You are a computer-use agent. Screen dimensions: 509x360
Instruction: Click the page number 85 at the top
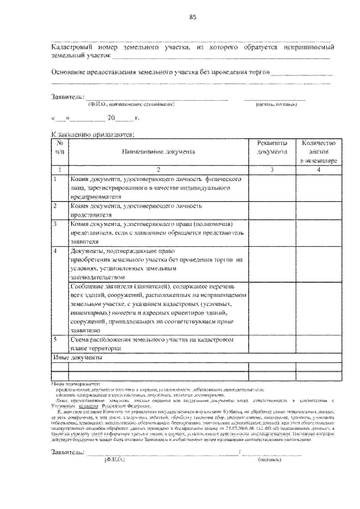pos(192,17)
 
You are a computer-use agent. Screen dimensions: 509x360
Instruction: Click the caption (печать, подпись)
pos(274,105)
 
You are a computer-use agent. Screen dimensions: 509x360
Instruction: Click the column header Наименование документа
pos(158,151)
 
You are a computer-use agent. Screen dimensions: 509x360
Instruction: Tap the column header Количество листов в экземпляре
pos(318,151)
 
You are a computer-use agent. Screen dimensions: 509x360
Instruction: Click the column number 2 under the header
pos(158,169)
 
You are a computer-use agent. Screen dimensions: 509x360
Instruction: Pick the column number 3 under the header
pos(272,169)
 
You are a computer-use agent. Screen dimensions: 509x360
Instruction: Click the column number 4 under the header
pos(318,169)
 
